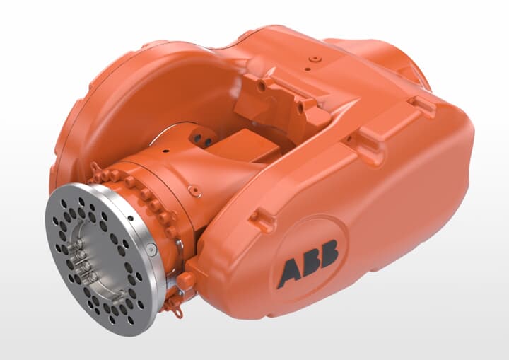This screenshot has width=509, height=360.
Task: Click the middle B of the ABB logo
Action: (308, 262)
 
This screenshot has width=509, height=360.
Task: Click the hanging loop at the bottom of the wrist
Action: (172, 309)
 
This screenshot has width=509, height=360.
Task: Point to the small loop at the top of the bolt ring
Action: (94, 168)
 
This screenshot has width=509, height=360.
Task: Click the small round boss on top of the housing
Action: (315, 59)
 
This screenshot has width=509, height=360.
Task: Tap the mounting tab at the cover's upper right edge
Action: (421, 105)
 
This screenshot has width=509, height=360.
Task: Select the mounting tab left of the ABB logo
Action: (262, 221)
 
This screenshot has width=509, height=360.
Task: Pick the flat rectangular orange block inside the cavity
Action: (244, 146)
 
